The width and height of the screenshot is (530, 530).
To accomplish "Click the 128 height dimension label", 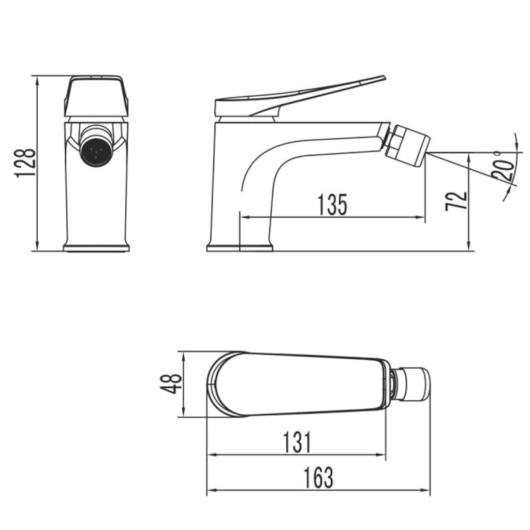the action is (x=25, y=163).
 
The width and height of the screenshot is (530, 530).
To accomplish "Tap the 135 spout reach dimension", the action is (x=333, y=205).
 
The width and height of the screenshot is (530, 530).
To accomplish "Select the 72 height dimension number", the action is (x=457, y=201).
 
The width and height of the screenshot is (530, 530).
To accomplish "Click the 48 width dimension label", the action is (x=171, y=384).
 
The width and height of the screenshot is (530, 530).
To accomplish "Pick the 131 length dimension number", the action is (x=297, y=442).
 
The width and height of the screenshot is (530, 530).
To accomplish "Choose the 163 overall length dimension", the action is (x=318, y=478).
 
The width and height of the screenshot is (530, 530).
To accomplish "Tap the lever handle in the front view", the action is (x=96, y=96).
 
